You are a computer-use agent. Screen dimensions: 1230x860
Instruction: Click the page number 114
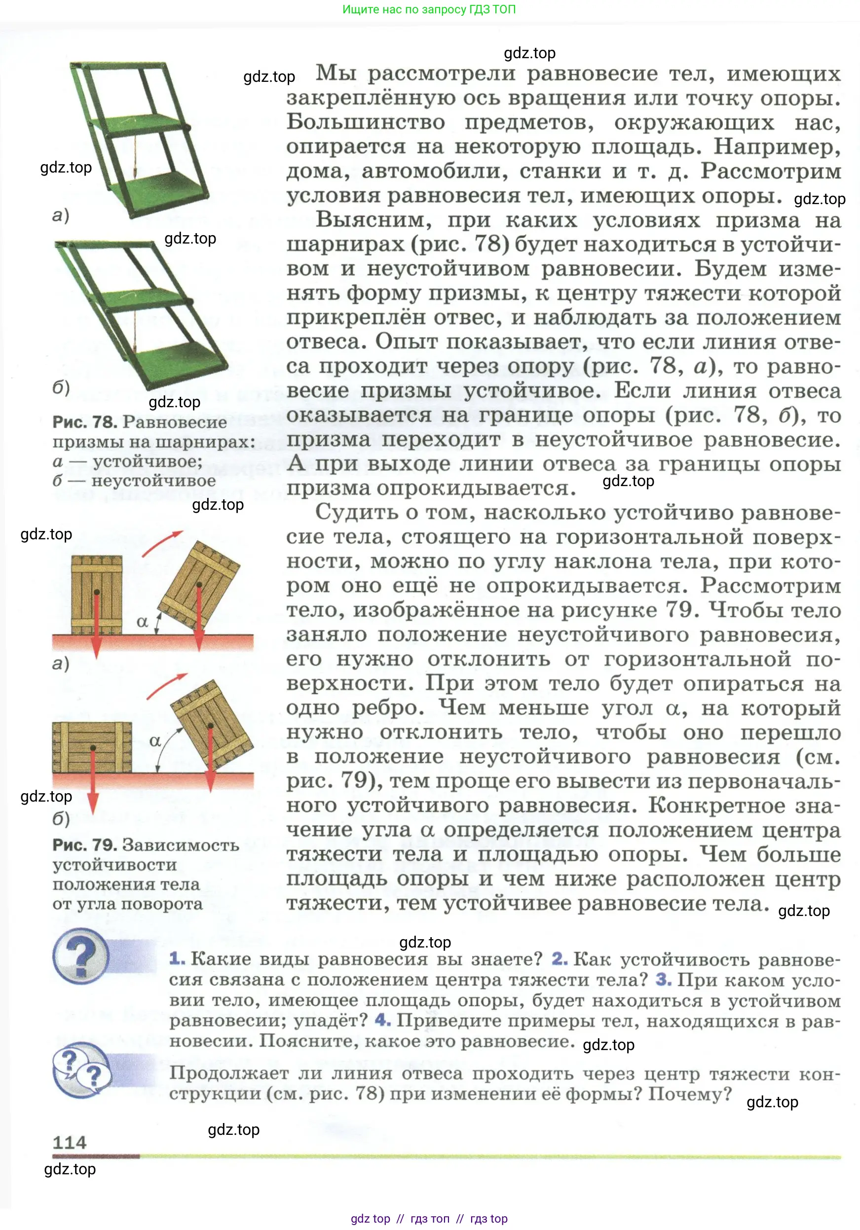pos(69,1143)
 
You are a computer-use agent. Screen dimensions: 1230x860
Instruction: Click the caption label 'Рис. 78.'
pos(85,422)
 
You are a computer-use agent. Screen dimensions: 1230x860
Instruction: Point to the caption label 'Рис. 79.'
pos(85,845)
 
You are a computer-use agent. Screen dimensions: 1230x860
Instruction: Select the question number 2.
pos(559,958)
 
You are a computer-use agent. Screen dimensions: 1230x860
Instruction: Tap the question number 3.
pos(663,979)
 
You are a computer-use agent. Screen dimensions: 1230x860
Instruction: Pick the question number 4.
pos(382,1020)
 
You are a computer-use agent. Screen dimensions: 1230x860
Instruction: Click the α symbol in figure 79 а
pos(142,622)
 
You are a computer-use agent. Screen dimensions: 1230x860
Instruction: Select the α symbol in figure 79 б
pos(155,741)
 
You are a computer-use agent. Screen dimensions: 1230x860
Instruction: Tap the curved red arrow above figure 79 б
pos(166,686)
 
